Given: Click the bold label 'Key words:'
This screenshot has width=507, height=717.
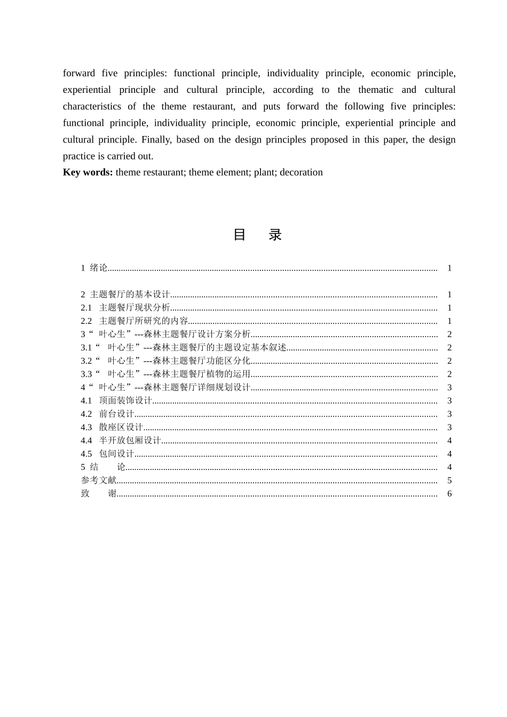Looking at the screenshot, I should [88, 172].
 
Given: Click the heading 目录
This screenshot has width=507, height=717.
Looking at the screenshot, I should [257, 235].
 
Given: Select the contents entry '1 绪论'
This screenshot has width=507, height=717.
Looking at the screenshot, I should [94, 268].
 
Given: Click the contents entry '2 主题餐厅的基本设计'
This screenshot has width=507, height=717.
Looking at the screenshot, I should [125, 294].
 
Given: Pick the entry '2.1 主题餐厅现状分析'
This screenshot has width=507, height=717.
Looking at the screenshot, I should [125, 308].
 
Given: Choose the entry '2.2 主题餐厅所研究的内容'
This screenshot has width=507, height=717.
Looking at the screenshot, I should [134, 321].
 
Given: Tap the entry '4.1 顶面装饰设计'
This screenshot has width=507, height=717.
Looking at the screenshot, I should [116, 401].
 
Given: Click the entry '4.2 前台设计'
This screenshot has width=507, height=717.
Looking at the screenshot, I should [107, 414].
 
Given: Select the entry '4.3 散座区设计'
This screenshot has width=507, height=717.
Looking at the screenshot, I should [112, 427].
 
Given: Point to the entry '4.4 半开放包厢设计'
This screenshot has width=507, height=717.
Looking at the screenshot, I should [121, 441].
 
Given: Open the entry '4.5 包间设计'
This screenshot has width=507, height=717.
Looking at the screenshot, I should [107, 454].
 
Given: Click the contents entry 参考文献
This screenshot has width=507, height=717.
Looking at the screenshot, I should [99, 481].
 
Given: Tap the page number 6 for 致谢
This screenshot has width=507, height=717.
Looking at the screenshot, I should [449, 494].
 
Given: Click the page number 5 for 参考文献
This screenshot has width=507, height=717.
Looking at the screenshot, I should [449, 481].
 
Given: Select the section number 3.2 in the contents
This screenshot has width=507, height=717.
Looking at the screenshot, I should [86, 361].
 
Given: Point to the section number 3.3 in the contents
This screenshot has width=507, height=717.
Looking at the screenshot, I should [86, 375].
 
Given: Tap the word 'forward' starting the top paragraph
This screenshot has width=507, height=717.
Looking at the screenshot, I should [79, 73].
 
